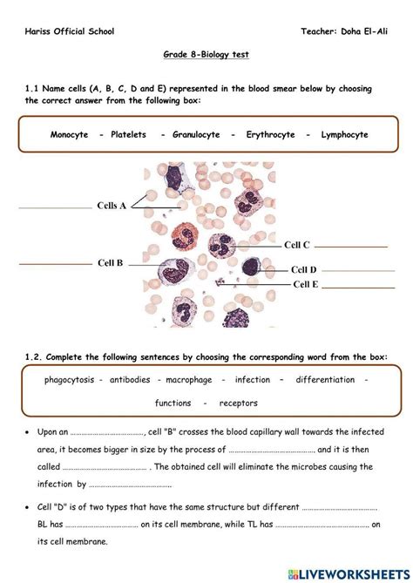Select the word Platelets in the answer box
point(128,135)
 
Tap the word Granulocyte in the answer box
point(193,135)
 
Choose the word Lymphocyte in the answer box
point(344,135)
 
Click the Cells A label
point(112,206)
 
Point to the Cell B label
point(110,262)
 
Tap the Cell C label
point(297,245)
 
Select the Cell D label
point(304,270)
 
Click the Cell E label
point(305,284)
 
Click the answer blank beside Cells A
point(54,208)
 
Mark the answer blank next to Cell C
point(351,247)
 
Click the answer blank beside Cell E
point(359,287)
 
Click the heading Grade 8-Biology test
point(206,54)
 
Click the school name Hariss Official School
point(69,31)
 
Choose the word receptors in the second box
point(238,403)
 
